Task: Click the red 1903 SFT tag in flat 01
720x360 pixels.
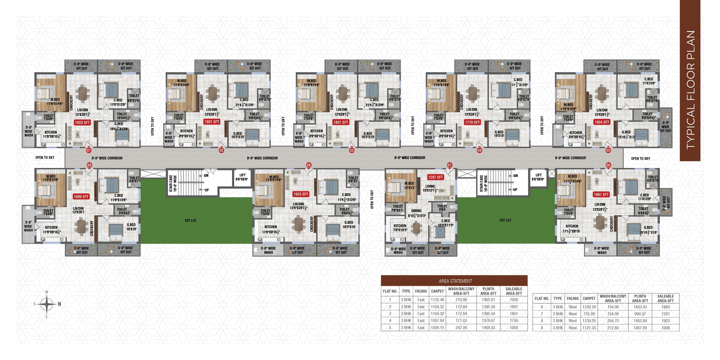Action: coord(82,123)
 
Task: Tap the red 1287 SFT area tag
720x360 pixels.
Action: coord(436,177)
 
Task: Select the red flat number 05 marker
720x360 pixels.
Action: coord(608,150)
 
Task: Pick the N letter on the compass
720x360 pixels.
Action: coord(59,304)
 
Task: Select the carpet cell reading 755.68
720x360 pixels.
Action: coord(589,314)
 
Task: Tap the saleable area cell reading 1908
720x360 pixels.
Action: coord(666,328)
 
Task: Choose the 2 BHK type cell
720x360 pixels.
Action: coord(558,314)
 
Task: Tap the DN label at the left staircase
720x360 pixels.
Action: coord(206,176)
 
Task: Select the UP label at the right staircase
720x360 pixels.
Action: coord(515,190)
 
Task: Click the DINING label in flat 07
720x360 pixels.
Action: coord(416,211)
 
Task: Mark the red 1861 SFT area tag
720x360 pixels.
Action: coord(601,195)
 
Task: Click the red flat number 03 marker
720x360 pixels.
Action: coord(352,150)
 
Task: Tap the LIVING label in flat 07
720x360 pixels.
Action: coord(430,186)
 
